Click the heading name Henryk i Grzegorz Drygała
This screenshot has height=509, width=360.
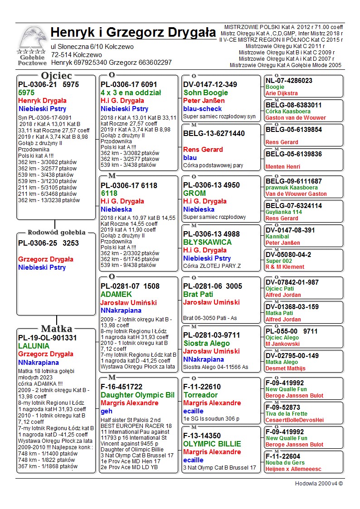(x=133, y=33)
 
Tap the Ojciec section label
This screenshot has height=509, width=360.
(x=56, y=75)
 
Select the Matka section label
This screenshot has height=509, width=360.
(x=56, y=329)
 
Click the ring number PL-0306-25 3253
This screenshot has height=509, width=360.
(x=49, y=243)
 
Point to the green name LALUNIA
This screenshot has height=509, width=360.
(x=34, y=346)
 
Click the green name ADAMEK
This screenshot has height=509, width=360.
(x=117, y=294)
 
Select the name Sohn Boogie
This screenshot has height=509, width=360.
(x=205, y=92)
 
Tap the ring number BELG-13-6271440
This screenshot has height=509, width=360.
(x=214, y=133)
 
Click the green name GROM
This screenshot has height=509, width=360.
(x=195, y=193)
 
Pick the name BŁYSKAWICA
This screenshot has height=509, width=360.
(x=207, y=242)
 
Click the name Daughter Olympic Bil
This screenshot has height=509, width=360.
(x=137, y=395)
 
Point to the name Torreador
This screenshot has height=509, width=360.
(x=200, y=395)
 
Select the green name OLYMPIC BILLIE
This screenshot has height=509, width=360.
(x=212, y=444)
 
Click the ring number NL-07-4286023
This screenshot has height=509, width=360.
(x=289, y=81)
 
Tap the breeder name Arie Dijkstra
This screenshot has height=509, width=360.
(x=282, y=93)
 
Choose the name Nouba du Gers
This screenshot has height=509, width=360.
(x=285, y=463)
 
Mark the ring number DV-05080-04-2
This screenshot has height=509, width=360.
(x=288, y=255)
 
